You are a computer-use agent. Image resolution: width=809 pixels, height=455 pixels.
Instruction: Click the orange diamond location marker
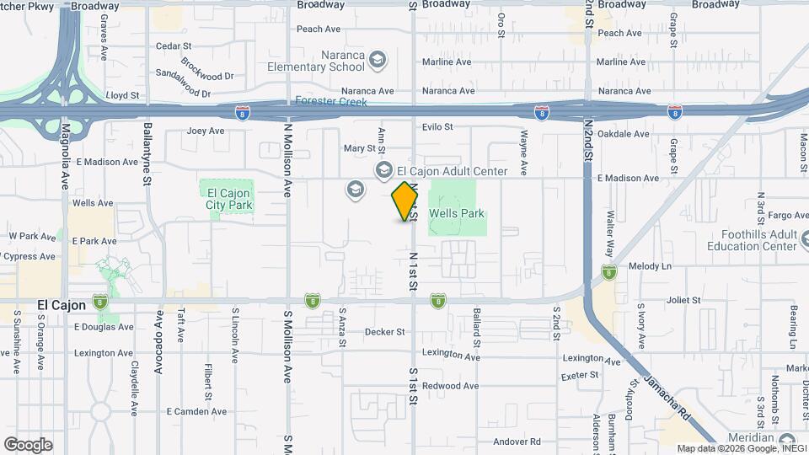(x=405, y=201)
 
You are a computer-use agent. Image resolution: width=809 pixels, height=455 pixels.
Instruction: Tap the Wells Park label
(x=457, y=214)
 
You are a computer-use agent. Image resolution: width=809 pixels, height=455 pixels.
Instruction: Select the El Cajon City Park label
(x=229, y=199)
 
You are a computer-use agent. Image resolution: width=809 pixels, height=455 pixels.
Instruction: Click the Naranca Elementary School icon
(x=378, y=59)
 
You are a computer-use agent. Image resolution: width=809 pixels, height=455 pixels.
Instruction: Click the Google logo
(x=28, y=445)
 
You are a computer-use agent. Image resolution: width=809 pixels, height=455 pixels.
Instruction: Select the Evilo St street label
(x=437, y=126)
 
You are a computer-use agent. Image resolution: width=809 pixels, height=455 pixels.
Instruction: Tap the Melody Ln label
(x=654, y=265)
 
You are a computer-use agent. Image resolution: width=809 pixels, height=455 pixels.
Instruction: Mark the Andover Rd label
(x=517, y=442)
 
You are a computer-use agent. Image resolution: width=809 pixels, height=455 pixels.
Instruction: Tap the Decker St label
(x=385, y=332)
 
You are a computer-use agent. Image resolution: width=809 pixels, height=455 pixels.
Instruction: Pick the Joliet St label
(x=683, y=300)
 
